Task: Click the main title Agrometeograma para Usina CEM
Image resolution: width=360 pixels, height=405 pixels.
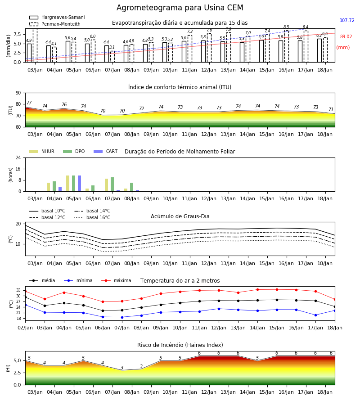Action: click(180, 8)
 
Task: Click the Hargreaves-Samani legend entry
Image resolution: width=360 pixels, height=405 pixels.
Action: click(57, 17)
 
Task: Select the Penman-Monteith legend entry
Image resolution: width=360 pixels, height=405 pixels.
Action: click(55, 24)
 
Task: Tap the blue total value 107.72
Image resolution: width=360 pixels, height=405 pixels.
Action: click(347, 20)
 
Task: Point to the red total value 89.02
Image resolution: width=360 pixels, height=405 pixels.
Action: click(346, 37)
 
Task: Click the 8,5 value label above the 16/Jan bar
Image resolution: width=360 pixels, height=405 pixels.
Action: click(286, 27)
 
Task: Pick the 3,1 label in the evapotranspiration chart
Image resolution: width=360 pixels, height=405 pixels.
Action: click(112, 47)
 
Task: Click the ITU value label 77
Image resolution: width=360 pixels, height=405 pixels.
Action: click(29, 103)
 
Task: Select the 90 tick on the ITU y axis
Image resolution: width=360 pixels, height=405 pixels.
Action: click(18, 93)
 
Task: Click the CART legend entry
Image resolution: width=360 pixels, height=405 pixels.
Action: click(106, 151)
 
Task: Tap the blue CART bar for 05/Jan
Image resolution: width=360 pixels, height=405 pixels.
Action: click(79, 184)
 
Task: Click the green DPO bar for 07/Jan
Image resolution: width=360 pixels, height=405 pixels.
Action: click(112, 184)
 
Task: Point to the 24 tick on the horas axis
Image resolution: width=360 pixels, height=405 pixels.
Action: click(18, 157)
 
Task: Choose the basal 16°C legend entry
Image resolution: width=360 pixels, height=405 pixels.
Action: click(92, 217)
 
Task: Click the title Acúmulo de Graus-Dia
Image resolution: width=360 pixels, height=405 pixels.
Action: click(180, 216)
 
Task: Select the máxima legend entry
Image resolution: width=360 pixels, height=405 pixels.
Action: click(116, 280)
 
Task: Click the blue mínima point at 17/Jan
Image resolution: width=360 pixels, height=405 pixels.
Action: click(315, 315)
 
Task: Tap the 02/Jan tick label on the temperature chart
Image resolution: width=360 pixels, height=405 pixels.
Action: click(25, 328)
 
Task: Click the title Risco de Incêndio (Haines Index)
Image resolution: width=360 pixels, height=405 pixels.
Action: click(180, 345)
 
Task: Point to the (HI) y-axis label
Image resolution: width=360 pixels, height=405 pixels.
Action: click(8, 368)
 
